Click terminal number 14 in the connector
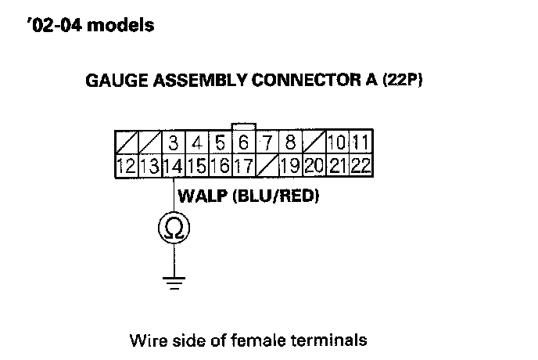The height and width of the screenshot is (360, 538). coord(173,166)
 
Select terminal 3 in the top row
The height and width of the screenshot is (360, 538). coord(173,143)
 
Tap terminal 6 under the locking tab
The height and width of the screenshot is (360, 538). coord(243,143)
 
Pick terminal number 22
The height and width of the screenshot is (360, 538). coord(360,166)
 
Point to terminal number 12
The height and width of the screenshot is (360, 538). coord(126,166)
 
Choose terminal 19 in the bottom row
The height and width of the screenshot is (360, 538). coord(290,166)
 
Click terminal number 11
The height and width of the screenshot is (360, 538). coord(360,143)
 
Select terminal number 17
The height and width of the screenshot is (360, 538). coord(243,166)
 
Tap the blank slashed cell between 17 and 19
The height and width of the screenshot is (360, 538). coord(267,166)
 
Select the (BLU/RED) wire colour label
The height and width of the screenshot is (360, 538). coord(277,195)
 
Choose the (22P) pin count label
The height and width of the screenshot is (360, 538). coord(403,80)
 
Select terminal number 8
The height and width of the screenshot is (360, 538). coord(290,143)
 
